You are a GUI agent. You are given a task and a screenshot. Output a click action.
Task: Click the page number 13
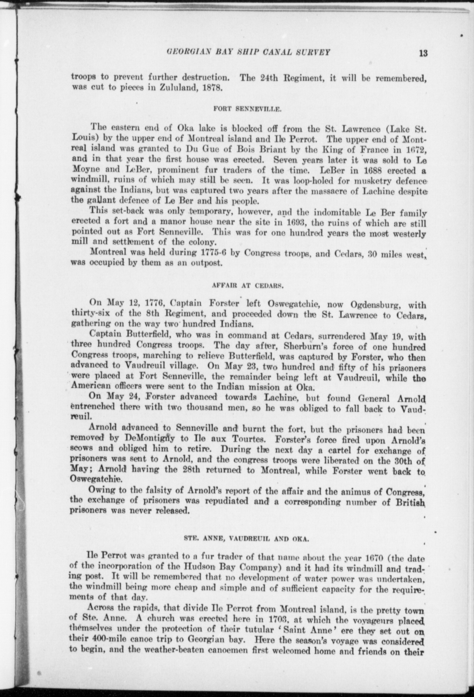pyautogui.click(x=423, y=53)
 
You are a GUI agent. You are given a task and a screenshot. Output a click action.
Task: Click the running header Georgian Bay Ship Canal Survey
pyautogui.click(x=248, y=53)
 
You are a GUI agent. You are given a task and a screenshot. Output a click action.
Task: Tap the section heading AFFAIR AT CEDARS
pyautogui.click(x=248, y=286)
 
